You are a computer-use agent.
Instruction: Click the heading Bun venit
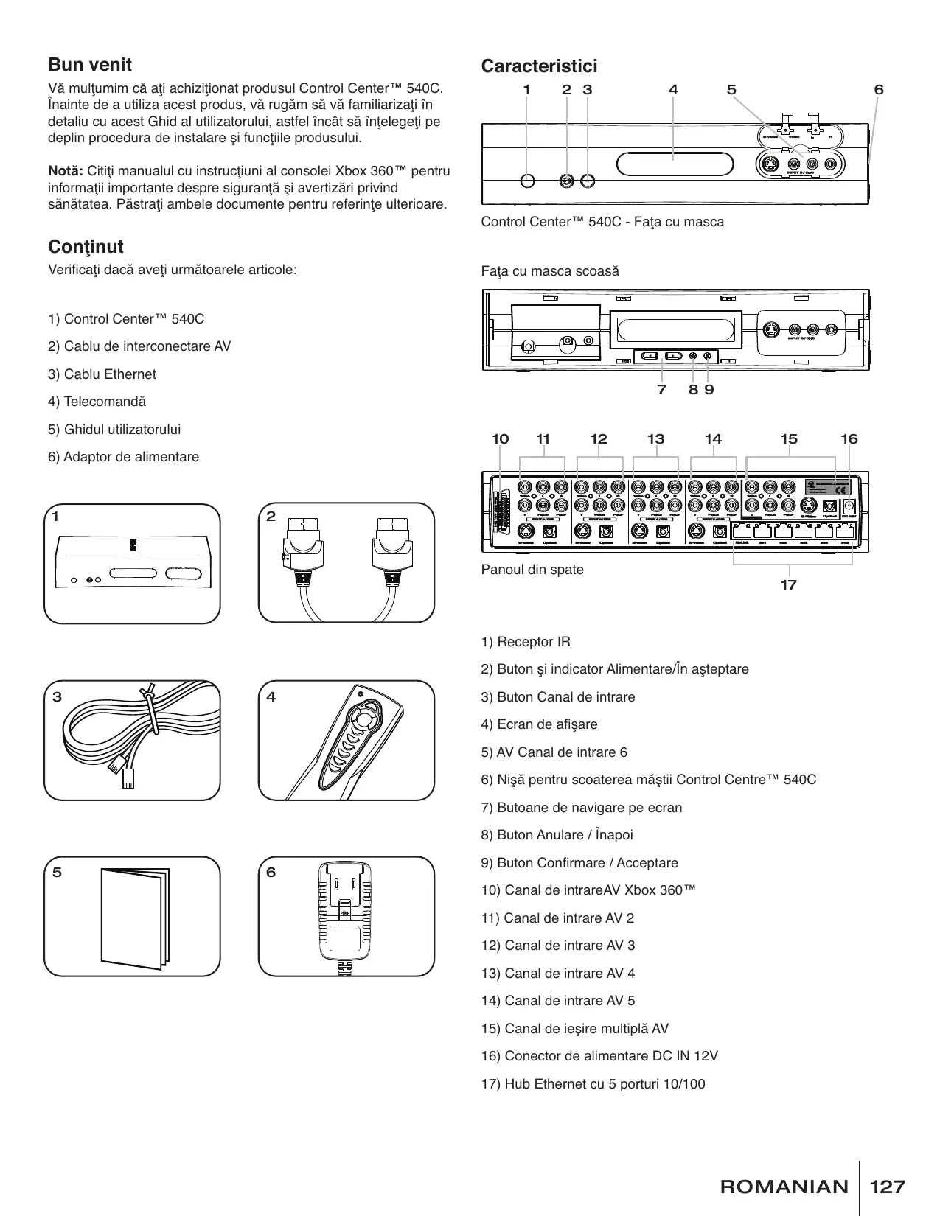[90, 65]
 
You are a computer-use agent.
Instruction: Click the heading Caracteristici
[539, 66]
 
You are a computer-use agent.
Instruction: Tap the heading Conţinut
[86, 246]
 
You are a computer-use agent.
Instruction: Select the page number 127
[888, 1187]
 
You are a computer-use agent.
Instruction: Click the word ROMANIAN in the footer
[784, 1187]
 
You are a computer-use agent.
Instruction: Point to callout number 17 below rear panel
[788, 585]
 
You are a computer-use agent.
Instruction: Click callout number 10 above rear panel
[500, 439]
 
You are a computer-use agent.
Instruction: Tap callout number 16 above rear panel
[849, 439]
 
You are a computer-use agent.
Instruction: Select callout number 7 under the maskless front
[661, 389]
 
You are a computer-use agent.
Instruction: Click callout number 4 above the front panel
[673, 90]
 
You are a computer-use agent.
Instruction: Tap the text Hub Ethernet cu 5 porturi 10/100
[593, 1084]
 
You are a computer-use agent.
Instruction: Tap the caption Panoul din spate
[532, 570]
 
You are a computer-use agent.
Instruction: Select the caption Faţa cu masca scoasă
[550, 271]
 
